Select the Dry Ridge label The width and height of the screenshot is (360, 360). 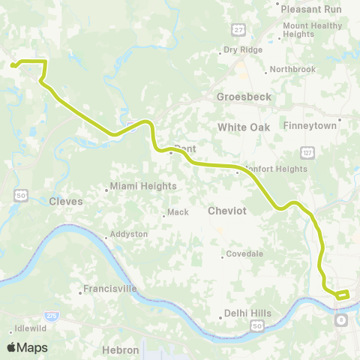point(241,51)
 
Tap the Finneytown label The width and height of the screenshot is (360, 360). point(310,126)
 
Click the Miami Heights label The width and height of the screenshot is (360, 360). point(143,186)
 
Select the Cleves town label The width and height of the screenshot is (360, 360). point(65,201)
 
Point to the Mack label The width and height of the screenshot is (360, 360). point(178,212)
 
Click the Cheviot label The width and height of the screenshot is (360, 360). point(227,211)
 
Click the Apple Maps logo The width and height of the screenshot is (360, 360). point(27,347)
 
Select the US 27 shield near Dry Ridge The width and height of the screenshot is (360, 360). point(238,28)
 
